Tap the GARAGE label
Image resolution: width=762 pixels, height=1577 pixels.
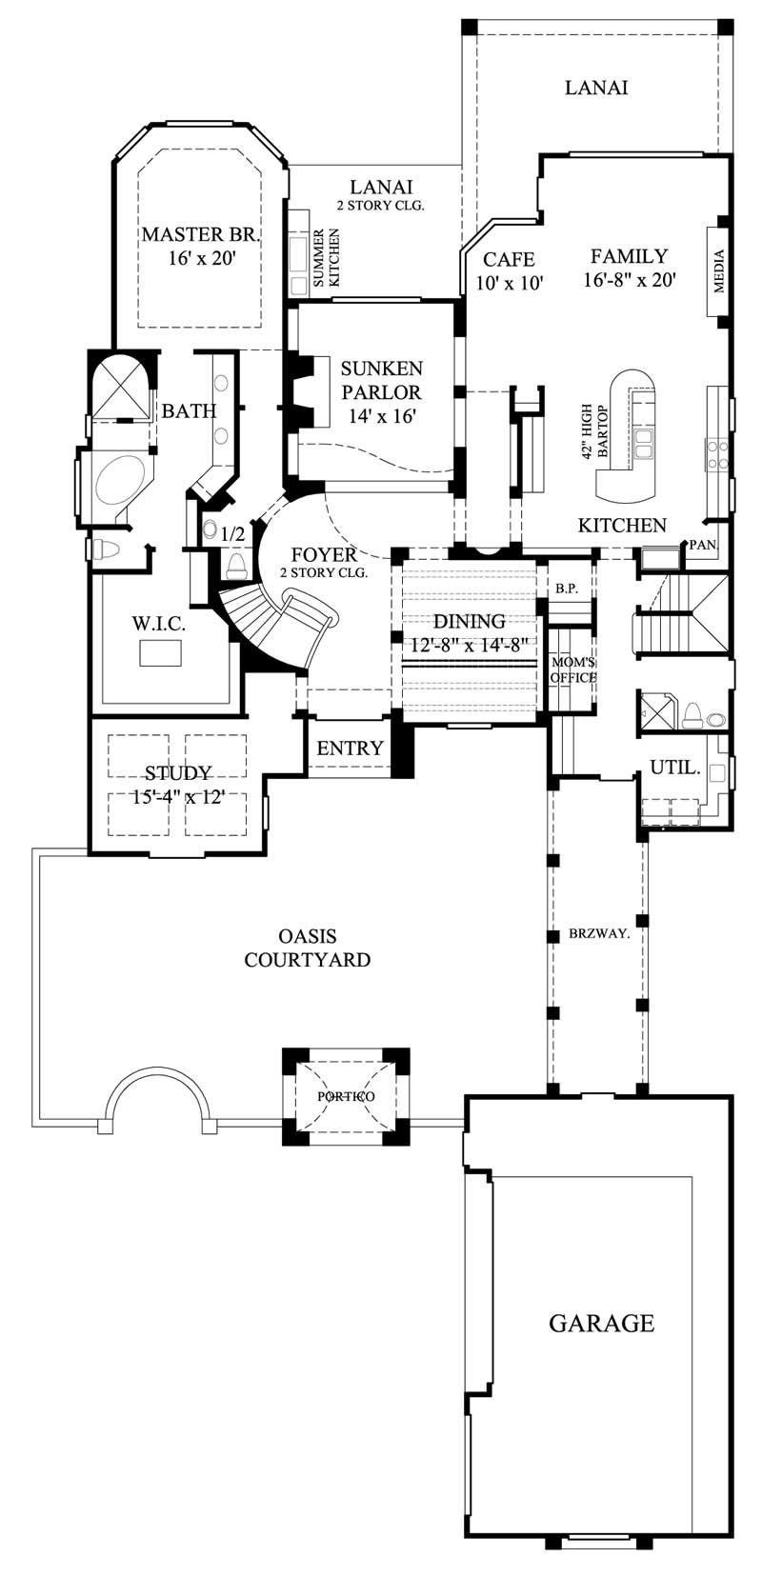601,1323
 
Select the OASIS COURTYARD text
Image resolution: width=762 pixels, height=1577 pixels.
307,948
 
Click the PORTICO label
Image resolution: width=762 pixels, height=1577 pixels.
346,1096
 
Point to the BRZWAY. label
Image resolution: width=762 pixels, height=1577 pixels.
599,934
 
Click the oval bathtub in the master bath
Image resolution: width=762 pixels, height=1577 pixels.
115,481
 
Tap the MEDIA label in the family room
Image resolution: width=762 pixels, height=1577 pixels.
719,272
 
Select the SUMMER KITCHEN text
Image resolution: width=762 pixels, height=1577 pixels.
327,258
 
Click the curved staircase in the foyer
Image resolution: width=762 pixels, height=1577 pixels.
276,624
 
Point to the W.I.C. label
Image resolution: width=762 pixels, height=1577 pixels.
158,624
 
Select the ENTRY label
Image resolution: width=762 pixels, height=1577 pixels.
350,749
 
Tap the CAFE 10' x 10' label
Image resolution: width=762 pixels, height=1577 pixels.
509,270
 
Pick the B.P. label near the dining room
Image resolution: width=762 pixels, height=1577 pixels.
567,589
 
